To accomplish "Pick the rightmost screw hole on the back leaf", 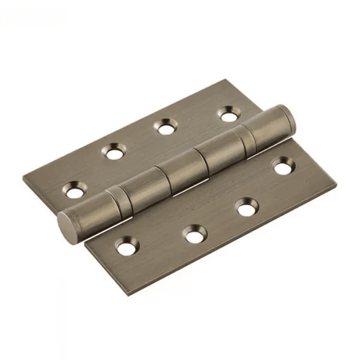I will tap(229, 114).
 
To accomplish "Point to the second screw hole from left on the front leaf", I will tap(194, 233).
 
